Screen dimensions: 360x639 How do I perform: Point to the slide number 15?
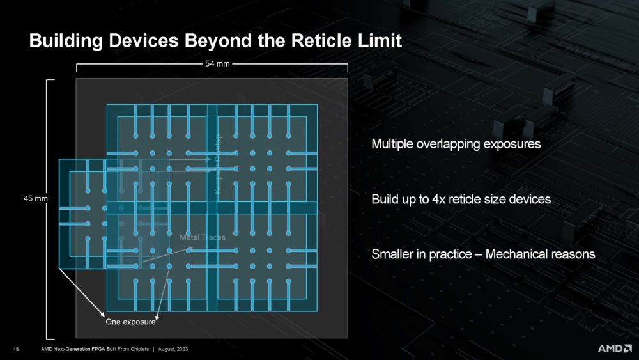16,348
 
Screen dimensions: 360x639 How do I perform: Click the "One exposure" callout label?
130,322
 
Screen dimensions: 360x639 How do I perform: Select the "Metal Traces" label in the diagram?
203,237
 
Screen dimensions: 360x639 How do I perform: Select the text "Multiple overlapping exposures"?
456,144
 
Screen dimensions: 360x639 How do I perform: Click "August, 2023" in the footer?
173,348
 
